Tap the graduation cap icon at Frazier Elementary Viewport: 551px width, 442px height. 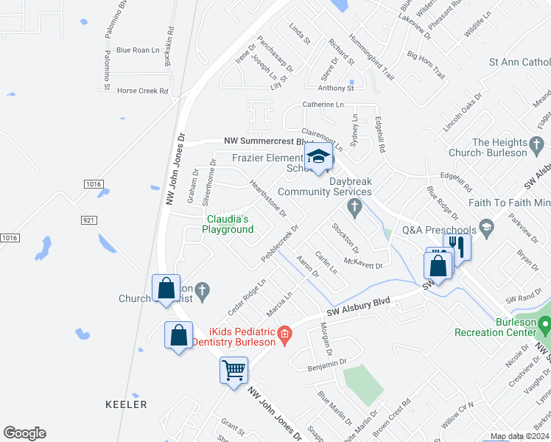(318, 157)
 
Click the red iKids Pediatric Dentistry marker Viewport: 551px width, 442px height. (284, 336)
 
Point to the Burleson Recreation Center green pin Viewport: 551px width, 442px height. (544, 323)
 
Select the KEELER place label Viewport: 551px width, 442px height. (125, 404)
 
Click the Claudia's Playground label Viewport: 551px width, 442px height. (228, 224)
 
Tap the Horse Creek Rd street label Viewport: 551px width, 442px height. (143, 91)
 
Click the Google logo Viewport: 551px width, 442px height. (24, 433)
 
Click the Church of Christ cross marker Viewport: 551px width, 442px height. (203, 290)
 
